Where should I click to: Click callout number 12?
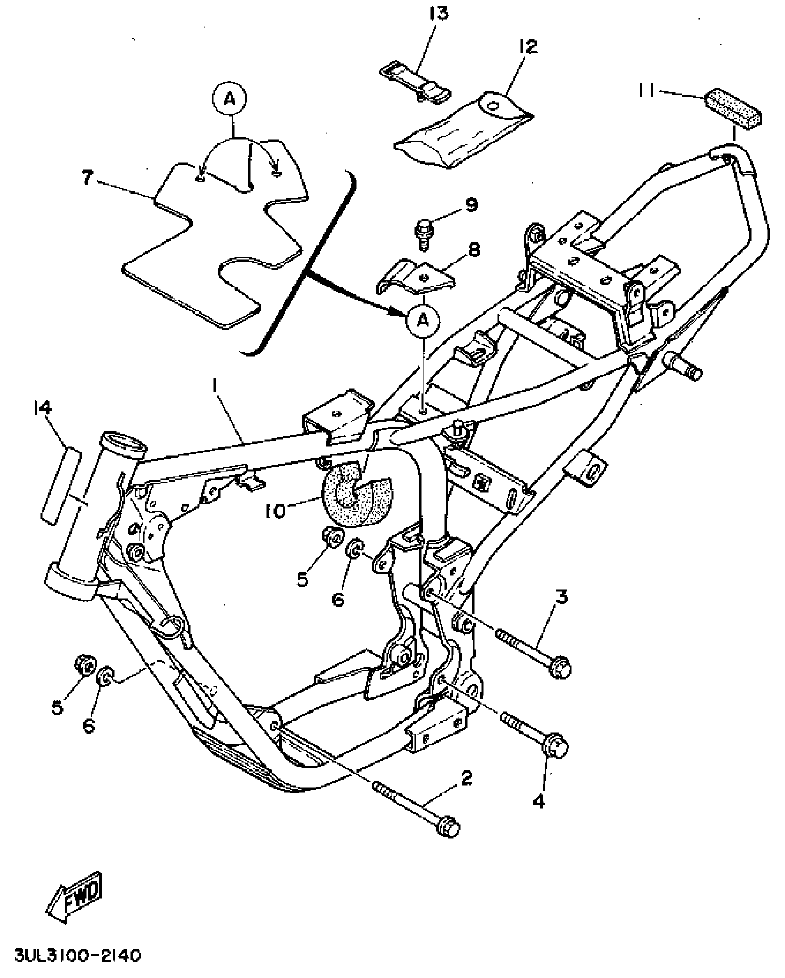pyautogui.click(x=528, y=46)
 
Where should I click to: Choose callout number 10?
pyautogui.click(x=276, y=511)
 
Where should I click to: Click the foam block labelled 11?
pyautogui.click(x=733, y=107)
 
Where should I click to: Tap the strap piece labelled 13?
pyautogui.click(x=416, y=83)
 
